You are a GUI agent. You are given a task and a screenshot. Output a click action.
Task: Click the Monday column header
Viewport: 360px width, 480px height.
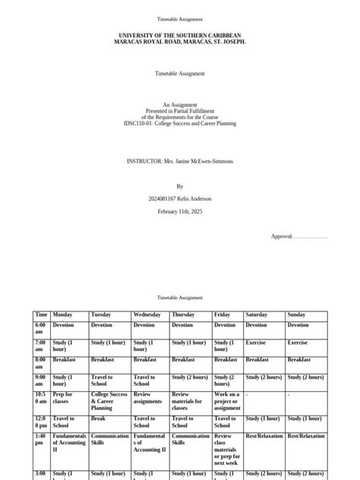(62, 314)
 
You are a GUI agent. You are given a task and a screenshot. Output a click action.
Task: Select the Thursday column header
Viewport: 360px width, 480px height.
(183, 314)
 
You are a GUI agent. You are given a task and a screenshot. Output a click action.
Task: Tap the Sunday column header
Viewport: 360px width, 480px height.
(296, 314)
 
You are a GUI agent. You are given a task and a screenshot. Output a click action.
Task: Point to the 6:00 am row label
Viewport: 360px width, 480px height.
(41, 328)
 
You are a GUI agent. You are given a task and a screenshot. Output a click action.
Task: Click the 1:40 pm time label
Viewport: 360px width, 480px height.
(41, 440)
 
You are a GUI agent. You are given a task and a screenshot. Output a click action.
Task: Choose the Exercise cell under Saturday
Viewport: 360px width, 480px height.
(256, 343)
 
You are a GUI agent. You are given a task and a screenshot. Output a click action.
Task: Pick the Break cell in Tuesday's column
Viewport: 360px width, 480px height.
(98, 418)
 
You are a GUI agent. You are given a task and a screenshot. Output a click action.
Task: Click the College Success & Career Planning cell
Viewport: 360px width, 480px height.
(109, 401)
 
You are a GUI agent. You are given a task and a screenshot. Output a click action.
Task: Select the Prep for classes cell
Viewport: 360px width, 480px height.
(62, 398)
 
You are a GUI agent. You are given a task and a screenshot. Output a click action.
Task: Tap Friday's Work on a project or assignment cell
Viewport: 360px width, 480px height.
(226, 401)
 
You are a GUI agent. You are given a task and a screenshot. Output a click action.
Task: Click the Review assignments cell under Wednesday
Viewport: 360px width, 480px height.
(148, 398)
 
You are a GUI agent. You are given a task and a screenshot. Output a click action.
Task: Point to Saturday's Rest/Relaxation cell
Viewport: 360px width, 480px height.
(264, 436)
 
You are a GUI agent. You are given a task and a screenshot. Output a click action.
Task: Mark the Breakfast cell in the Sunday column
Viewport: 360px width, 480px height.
(299, 359)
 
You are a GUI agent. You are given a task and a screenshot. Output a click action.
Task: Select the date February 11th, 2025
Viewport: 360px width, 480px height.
(180, 211)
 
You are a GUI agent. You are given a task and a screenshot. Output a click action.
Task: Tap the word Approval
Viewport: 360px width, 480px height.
(282, 236)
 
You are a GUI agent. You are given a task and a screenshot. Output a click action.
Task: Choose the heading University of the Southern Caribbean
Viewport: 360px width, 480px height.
(180, 35)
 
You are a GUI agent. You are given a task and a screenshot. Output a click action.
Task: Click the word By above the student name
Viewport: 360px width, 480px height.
(180, 186)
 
